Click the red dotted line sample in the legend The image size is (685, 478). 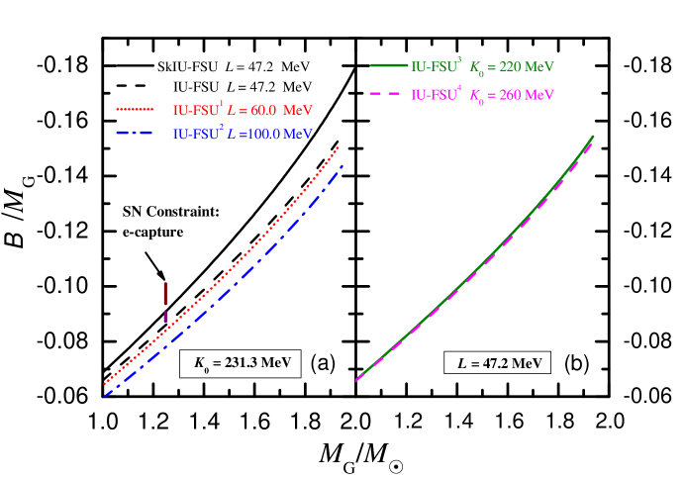coord(136,110)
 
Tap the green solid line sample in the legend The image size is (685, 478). coord(389,66)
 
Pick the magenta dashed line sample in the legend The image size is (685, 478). coord(389,95)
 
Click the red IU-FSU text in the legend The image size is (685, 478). coord(194,110)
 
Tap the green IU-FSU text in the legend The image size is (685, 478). coord(435,67)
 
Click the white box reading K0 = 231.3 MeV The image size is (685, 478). coord(240,364)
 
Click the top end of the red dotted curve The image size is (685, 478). coord(339,146)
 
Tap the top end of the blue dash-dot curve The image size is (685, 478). coord(342,165)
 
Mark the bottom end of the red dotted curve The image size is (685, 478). coord(104,384)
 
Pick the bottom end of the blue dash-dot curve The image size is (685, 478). coord(104,396)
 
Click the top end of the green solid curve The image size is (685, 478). coord(594,136)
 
